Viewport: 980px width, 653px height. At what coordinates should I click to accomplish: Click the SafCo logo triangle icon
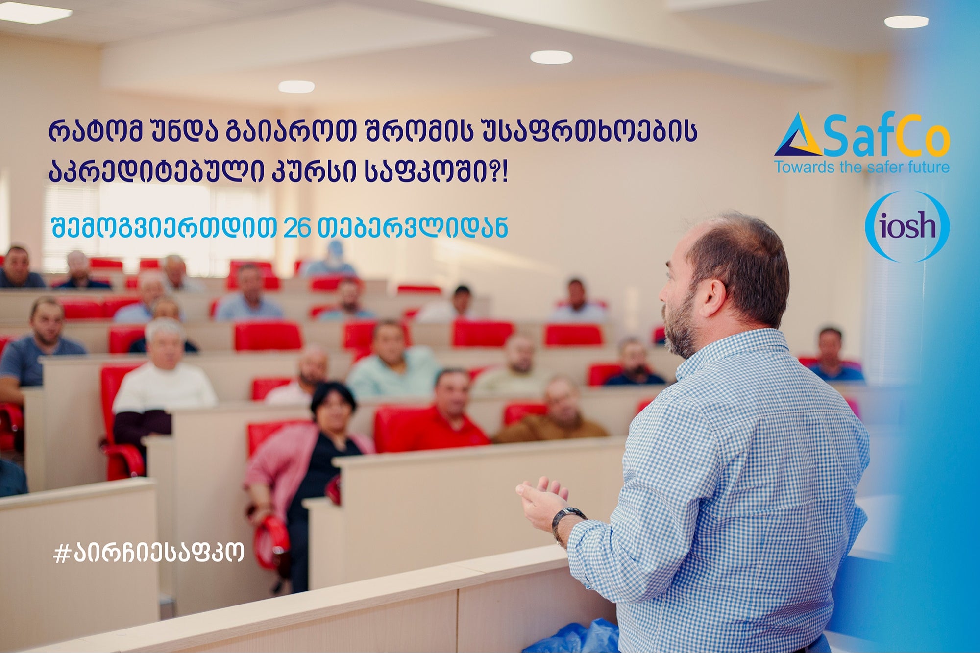coord(798,136)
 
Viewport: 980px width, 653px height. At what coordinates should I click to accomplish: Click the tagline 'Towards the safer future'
coord(862,167)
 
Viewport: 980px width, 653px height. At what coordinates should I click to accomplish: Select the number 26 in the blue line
coord(297,228)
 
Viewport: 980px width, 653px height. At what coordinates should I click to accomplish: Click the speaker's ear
coord(713,297)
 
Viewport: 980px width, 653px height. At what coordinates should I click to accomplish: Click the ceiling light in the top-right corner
coord(906,22)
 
